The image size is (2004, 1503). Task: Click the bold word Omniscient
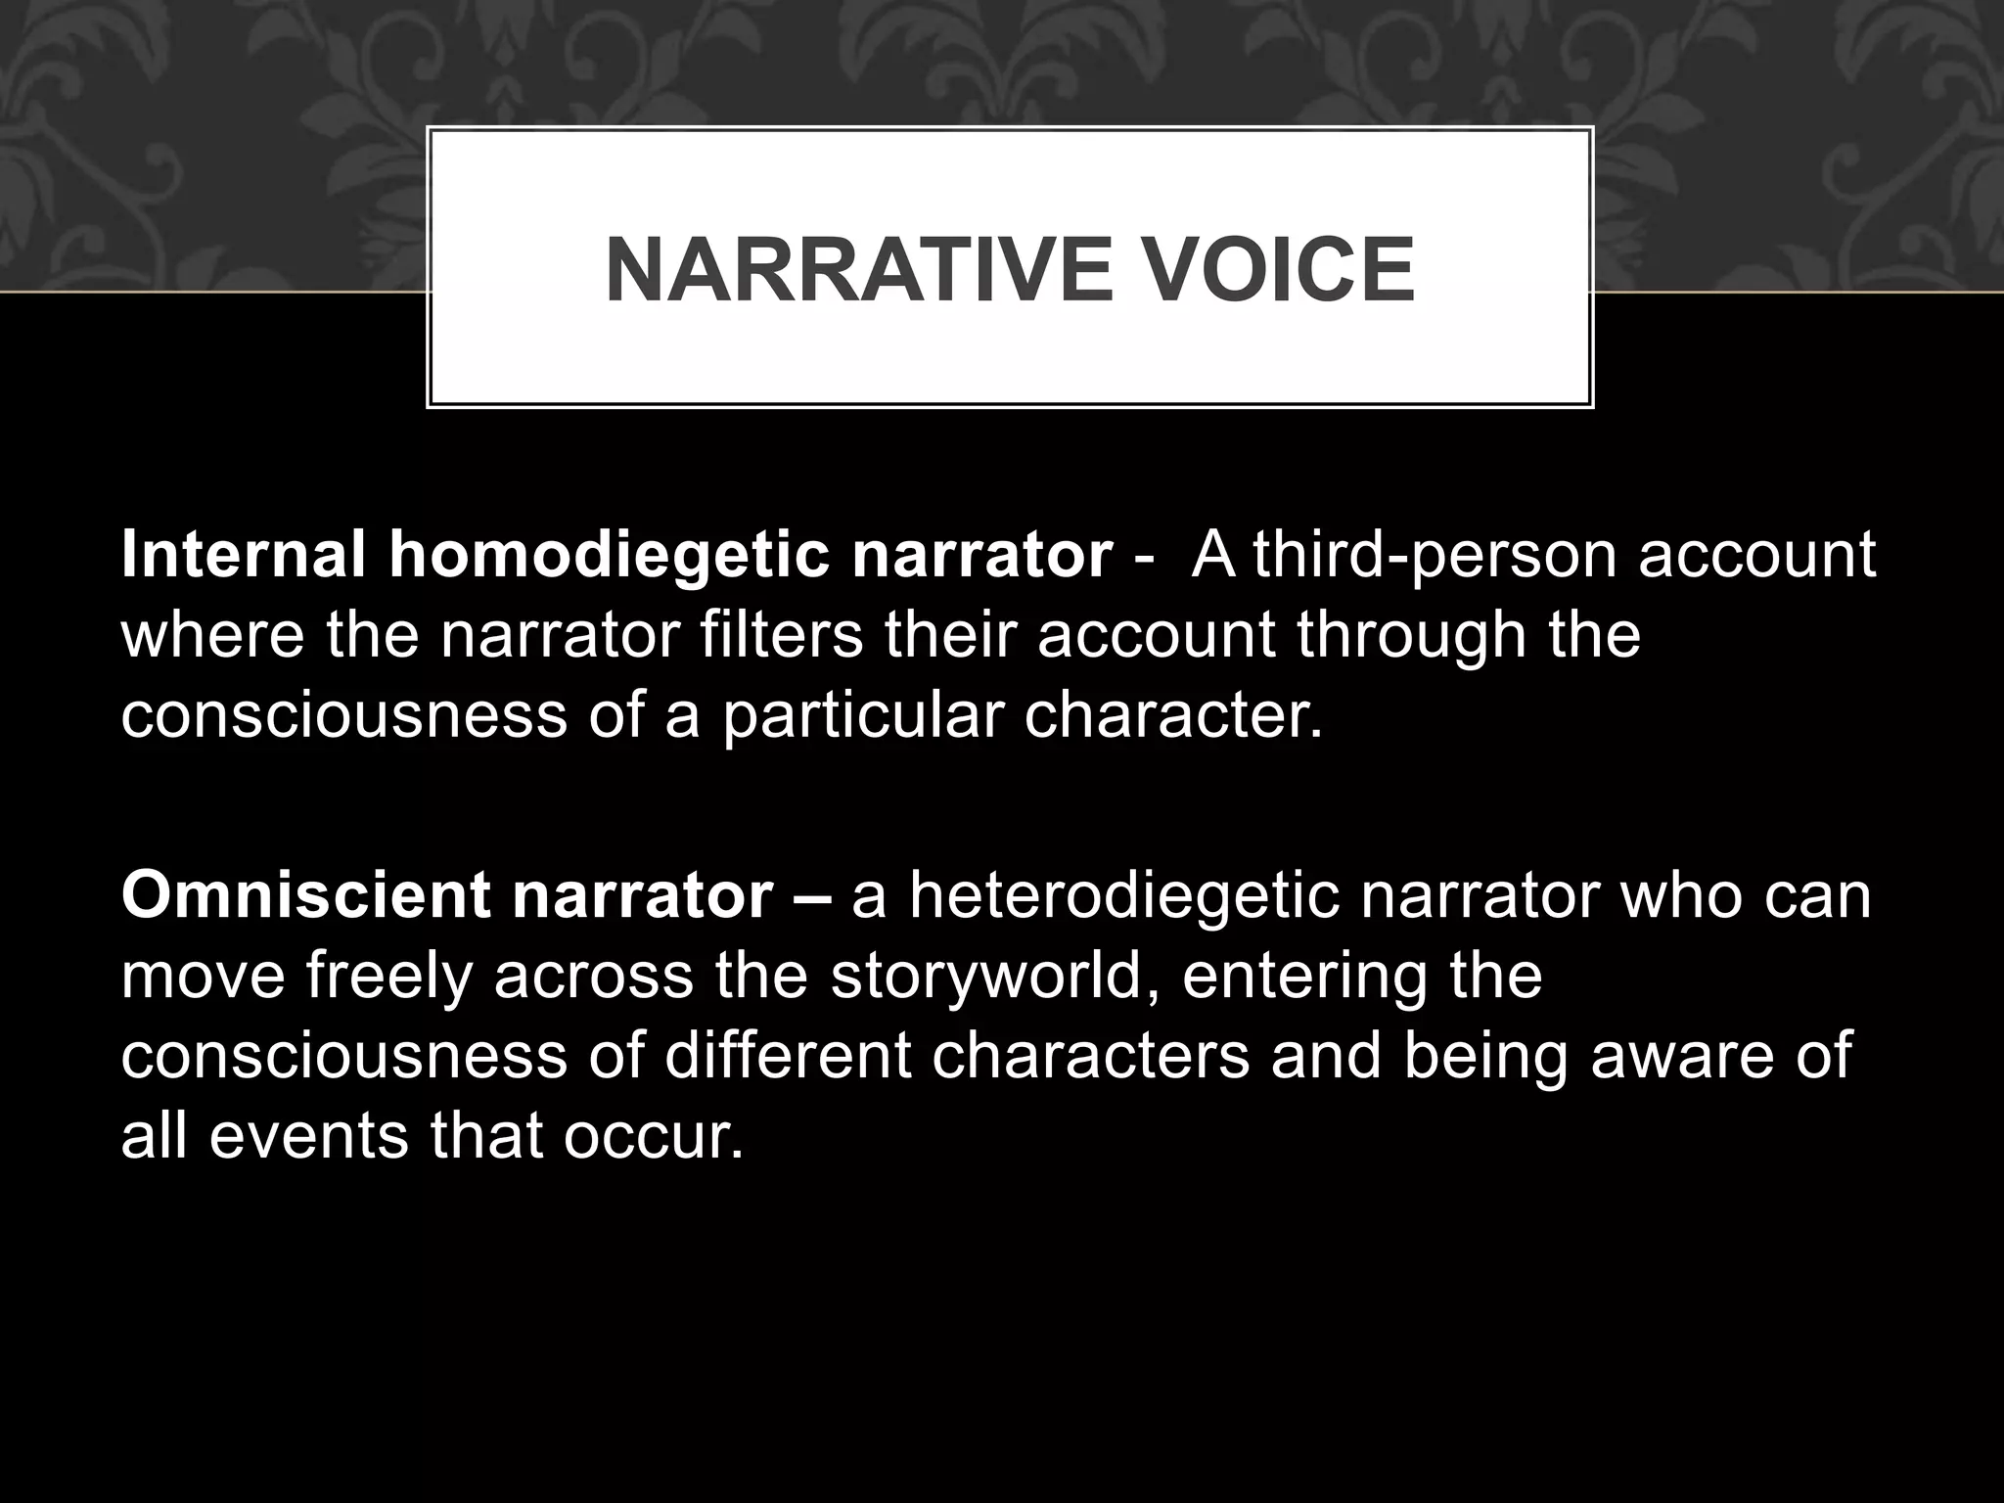[305, 895]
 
